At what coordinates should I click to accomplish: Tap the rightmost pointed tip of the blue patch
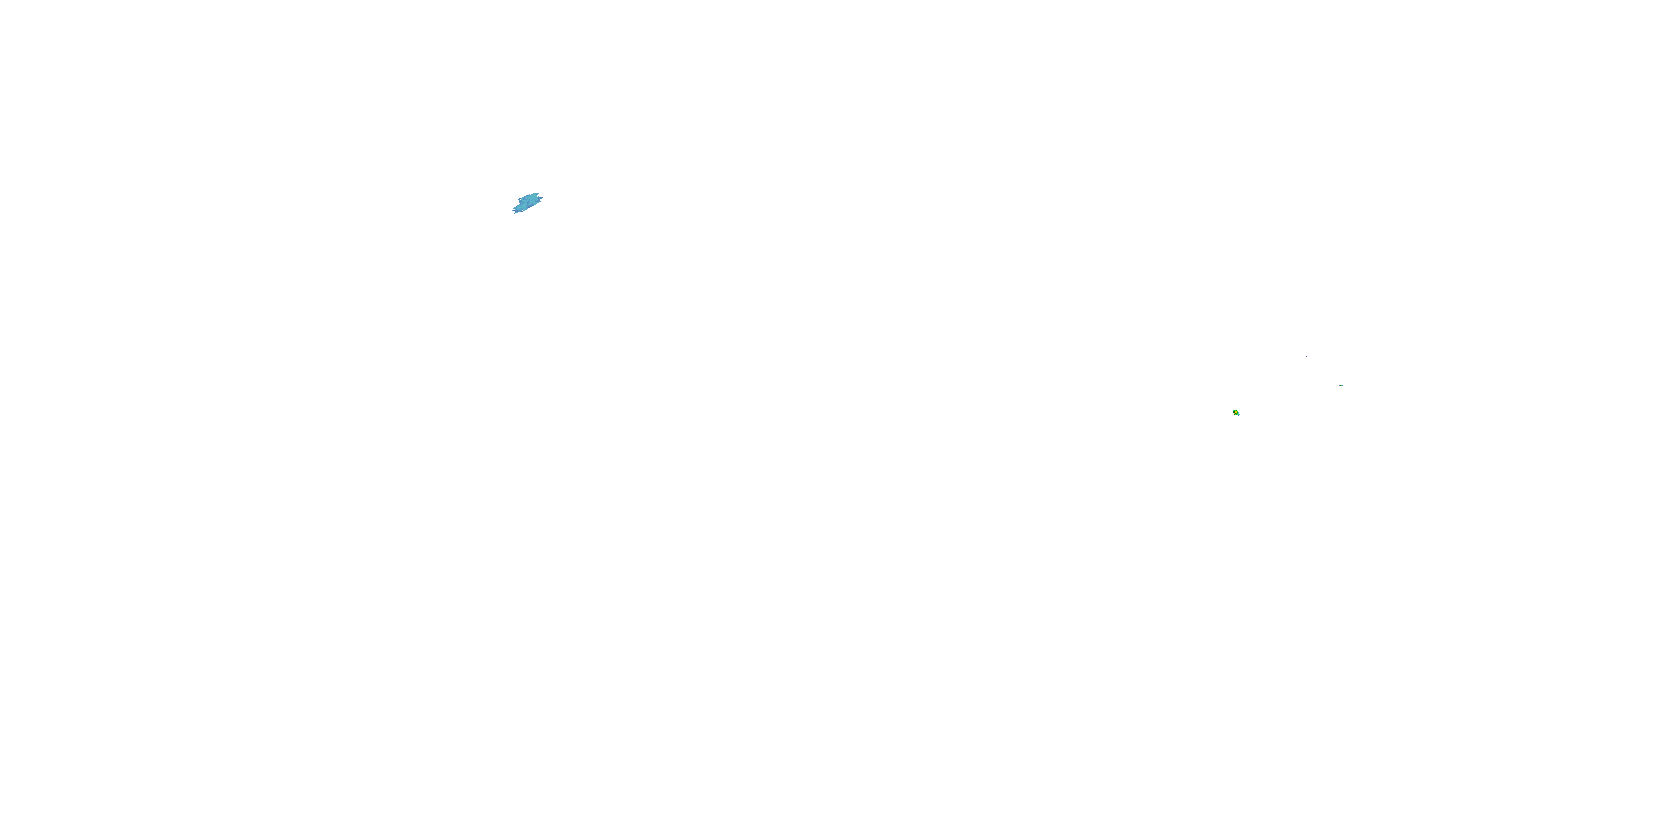pos(543,197)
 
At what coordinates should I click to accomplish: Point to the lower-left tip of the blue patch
pos(513,211)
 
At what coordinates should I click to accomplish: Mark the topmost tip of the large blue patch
pos(539,193)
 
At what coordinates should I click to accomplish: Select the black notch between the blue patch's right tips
pos(538,196)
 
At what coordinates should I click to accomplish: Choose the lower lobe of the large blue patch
pos(520,209)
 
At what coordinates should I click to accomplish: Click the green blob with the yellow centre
pos(1237,413)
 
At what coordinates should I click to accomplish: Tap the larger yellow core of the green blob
pos(1236,413)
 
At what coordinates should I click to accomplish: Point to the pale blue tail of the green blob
pos(1239,415)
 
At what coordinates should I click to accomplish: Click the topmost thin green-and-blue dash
pos(1318,305)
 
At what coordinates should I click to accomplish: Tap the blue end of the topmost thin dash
pos(1317,305)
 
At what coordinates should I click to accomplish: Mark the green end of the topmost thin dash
pos(1319,305)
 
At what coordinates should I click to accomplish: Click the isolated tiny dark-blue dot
pos(1307,357)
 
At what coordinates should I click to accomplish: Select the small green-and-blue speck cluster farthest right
pos(1341,386)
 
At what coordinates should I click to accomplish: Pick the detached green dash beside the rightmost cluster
pos(1345,385)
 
